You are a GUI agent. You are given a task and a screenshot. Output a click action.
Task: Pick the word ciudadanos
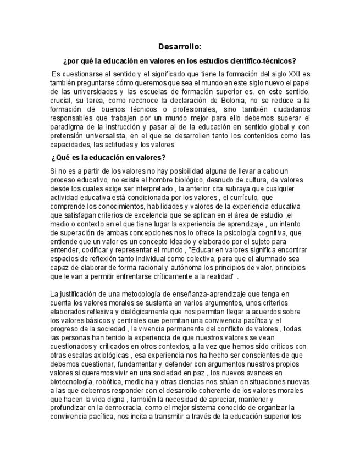289,109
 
